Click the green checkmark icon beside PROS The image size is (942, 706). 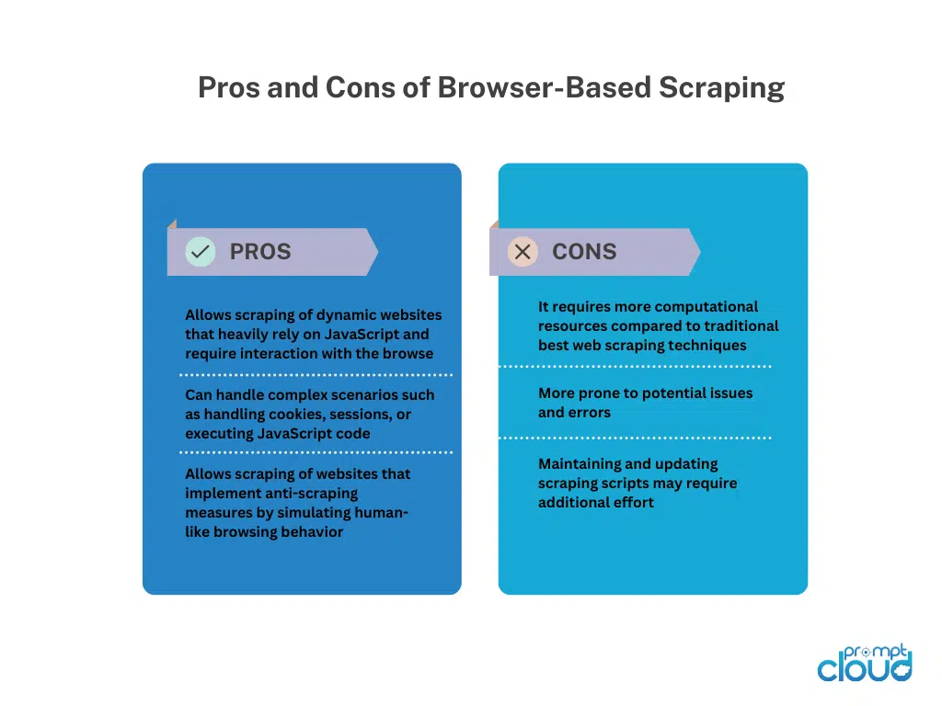pyautogui.click(x=200, y=252)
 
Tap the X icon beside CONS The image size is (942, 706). pyautogui.click(x=523, y=252)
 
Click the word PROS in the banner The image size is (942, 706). pyautogui.click(x=260, y=252)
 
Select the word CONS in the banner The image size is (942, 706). pyautogui.click(x=584, y=252)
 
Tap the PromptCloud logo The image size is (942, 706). pyautogui.click(x=865, y=664)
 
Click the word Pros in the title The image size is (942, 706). pyautogui.click(x=229, y=87)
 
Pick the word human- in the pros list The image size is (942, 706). pyautogui.click(x=382, y=513)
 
